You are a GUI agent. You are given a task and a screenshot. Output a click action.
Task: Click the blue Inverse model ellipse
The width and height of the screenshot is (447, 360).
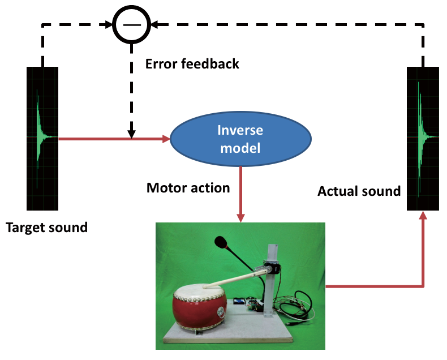(x=240, y=139)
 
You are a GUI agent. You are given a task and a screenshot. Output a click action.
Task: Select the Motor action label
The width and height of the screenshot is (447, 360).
(x=188, y=187)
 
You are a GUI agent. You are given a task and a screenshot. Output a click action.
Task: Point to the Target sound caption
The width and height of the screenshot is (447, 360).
(x=46, y=228)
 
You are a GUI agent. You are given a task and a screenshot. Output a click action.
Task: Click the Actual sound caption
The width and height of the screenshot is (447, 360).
(x=359, y=191)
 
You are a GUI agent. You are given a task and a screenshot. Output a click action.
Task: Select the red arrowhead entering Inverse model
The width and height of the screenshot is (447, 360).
(x=166, y=138)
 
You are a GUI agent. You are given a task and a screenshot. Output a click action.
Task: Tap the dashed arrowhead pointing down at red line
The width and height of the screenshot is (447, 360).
(x=131, y=134)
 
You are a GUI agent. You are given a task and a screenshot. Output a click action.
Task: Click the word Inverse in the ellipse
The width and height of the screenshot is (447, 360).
(x=240, y=130)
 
